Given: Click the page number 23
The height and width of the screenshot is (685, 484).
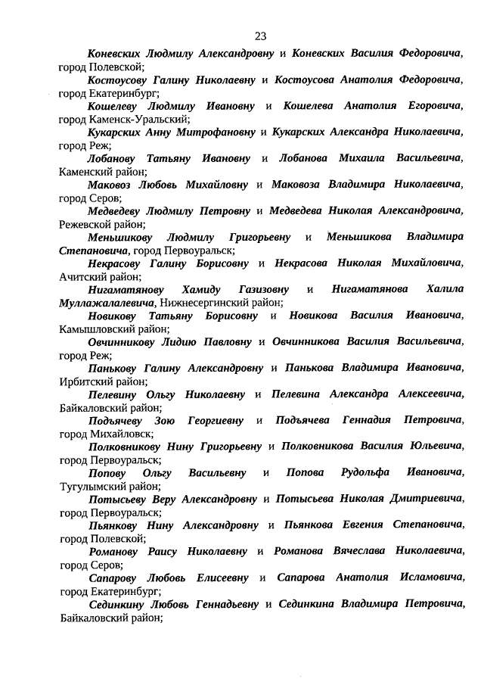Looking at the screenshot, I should [260, 36].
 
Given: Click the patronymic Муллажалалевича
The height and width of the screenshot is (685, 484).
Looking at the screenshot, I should [103, 303].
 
